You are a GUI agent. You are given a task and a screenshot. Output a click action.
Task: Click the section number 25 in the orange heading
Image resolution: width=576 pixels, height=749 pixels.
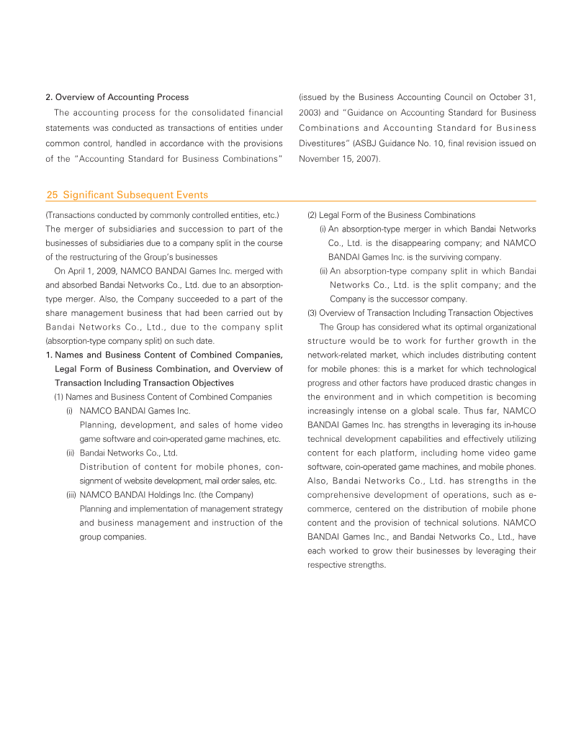[52, 195]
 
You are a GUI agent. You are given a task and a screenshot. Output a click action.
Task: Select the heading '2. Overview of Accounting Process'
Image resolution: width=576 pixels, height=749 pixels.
[117, 97]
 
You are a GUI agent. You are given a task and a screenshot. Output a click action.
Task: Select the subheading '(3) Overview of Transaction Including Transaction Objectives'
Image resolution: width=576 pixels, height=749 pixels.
[420, 313]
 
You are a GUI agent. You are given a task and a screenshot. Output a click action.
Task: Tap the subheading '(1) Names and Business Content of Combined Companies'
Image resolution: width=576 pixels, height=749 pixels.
[163, 396]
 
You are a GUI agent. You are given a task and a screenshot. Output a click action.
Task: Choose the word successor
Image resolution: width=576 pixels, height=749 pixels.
[405, 299]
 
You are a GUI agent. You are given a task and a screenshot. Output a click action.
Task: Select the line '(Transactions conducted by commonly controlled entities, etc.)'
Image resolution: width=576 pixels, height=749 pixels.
[162, 215]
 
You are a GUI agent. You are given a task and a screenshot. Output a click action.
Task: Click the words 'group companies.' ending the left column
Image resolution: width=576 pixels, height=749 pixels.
[113, 537]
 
